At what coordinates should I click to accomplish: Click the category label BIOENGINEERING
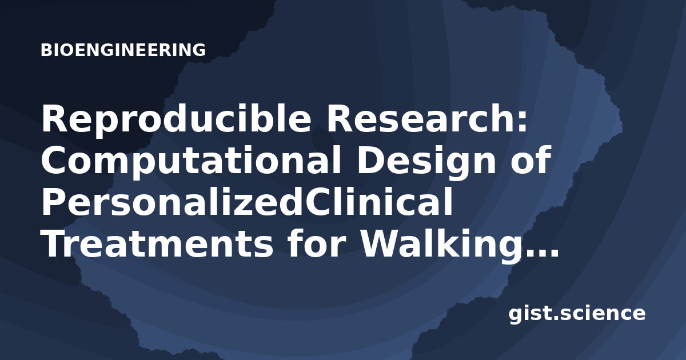coord(123,50)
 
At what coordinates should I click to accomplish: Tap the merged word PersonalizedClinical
coord(247,202)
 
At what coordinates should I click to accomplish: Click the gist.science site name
coord(577,314)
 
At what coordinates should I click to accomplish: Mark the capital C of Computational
coord(54,161)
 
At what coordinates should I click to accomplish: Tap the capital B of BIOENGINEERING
coord(46,50)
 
